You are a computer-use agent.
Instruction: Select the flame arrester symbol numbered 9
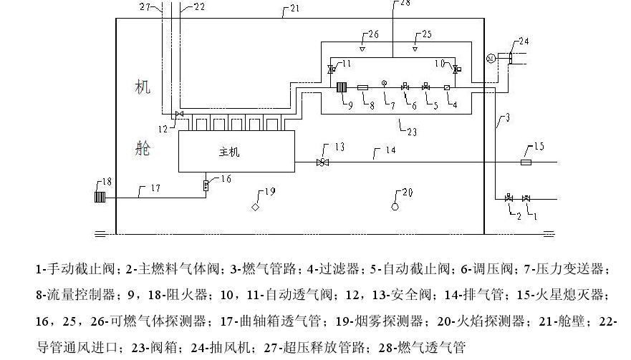[x=342, y=88]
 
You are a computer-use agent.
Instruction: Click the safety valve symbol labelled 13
[x=322, y=162]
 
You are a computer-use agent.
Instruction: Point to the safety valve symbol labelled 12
[x=179, y=115]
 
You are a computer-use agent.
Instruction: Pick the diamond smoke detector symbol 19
[x=255, y=207]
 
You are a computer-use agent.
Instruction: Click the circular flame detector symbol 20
[x=395, y=206]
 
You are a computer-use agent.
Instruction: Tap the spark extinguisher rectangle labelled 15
[x=526, y=162]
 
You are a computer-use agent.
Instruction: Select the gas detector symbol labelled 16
[x=206, y=185]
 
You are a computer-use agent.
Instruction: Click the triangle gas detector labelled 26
[x=362, y=50]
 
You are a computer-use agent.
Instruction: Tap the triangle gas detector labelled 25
[x=415, y=50]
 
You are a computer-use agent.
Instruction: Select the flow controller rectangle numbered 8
[x=363, y=88]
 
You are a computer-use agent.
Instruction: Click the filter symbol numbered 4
[x=446, y=88]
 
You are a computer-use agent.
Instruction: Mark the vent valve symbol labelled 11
[x=330, y=69]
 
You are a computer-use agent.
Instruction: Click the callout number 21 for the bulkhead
[x=295, y=9]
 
